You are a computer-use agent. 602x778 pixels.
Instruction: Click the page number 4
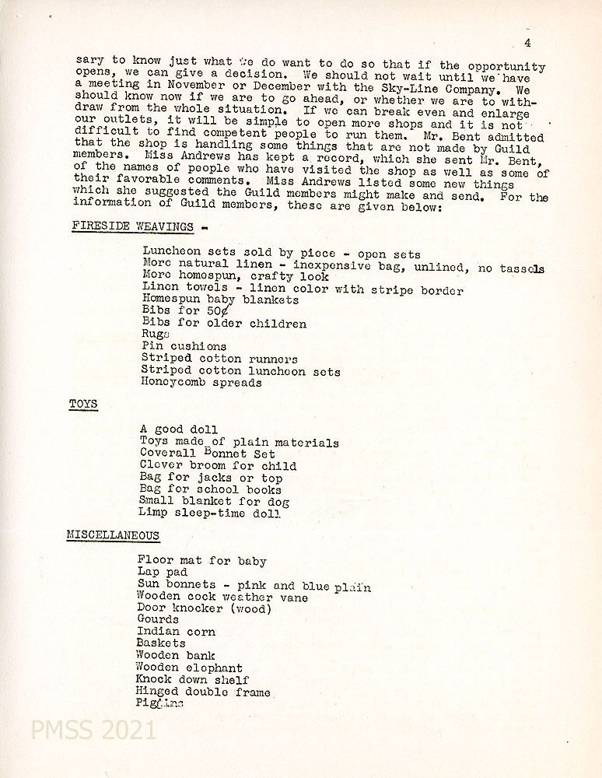click(528, 43)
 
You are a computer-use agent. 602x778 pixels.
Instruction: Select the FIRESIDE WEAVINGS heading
click(133, 226)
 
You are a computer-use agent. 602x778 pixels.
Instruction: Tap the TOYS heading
click(83, 405)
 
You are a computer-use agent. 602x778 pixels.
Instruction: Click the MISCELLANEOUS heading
click(114, 535)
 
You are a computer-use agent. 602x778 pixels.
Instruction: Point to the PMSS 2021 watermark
click(93, 731)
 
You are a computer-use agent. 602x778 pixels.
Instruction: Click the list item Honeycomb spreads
click(201, 383)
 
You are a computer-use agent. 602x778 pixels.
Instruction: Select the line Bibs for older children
click(224, 324)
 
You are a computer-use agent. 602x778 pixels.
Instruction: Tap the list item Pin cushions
click(184, 346)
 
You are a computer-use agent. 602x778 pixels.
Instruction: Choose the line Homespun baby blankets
click(221, 300)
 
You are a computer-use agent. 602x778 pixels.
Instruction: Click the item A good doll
click(179, 429)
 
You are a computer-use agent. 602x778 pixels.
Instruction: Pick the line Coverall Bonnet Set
click(208, 454)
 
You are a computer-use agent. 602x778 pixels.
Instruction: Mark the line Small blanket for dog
click(214, 502)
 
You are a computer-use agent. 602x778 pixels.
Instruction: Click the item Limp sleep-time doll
click(210, 513)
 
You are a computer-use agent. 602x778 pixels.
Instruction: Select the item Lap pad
click(163, 573)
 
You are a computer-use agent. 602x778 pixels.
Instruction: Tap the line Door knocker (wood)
click(204, 608)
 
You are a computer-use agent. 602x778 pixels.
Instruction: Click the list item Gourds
click(158, 620)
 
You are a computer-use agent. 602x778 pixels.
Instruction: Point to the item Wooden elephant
click(189, 668)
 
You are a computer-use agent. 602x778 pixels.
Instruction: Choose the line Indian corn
click(176, 632)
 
